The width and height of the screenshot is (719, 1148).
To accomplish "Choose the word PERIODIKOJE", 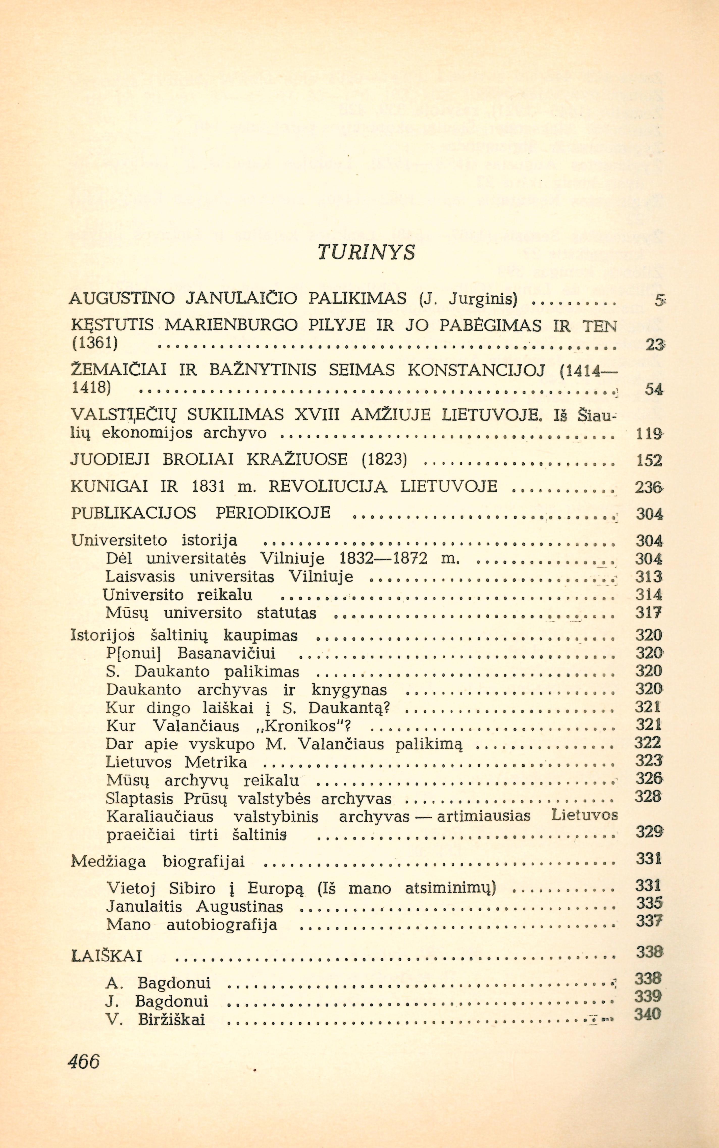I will [x=273, y=513].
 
